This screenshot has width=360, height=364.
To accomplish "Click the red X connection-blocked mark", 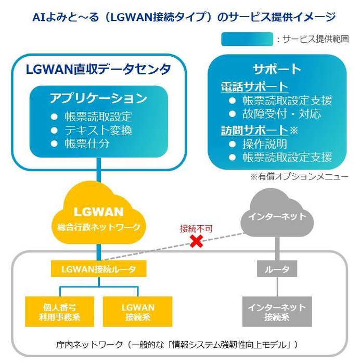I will click(x=196, y=241).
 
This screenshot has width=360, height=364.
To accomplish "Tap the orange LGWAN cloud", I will click(x=98, y=216).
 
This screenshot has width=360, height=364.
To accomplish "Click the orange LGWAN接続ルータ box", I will click(x=98, y=269).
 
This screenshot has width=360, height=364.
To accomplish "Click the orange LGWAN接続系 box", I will click(x=137, y=311).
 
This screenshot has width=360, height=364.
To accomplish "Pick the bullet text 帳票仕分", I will click(x=87, y=144).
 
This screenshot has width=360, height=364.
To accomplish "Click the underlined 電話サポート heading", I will click(x=254, y=86).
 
